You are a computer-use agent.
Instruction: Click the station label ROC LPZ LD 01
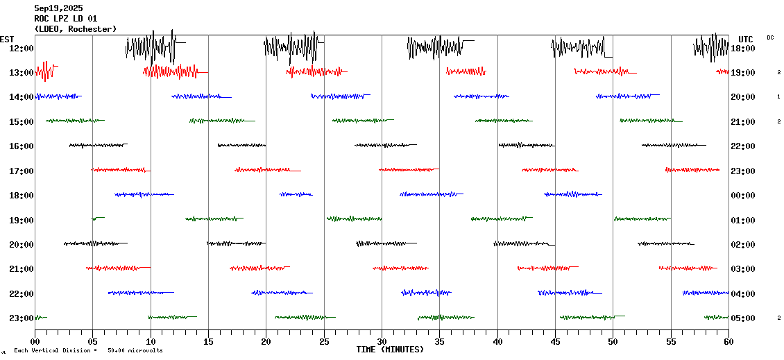coord(66,19)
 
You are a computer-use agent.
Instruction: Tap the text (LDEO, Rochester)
coord(75,28)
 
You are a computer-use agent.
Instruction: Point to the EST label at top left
coord(7,39)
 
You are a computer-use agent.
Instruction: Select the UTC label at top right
coord(746,39)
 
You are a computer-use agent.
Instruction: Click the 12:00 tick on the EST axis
coord(22,48)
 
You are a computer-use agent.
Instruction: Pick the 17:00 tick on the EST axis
coord(22,171)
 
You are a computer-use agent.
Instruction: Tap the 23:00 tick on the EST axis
coord(22,318)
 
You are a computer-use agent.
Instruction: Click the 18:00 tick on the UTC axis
coord(743,48)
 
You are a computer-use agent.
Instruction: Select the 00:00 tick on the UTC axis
coord(743,195)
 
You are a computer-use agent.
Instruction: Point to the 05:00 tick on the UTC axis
coord(743,318)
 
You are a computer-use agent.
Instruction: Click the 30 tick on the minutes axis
coord(382,341)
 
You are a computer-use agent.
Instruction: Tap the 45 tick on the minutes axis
coord(555,341)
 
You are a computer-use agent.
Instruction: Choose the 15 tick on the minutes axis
coord(208,341)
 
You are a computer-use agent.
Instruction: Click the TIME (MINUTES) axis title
coord(390,350)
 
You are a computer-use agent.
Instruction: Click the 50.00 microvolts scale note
coord(135,350)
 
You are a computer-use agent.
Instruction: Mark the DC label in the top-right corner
coord(770,37)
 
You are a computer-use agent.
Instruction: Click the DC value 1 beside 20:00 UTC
coord(778,96)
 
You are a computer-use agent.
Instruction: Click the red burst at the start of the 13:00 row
coord(45,71)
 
